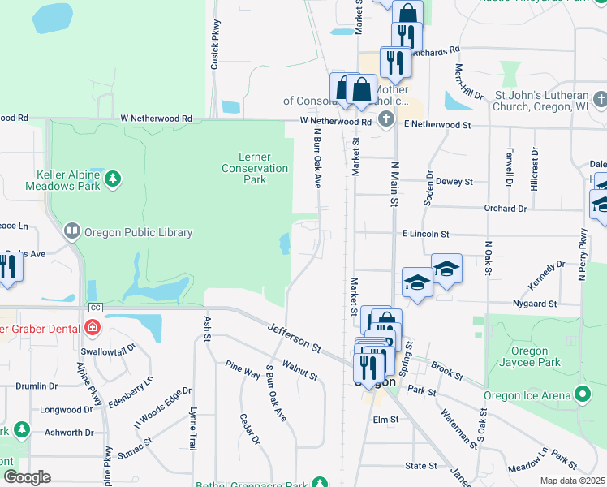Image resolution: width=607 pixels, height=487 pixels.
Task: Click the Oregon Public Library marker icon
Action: [72, 232]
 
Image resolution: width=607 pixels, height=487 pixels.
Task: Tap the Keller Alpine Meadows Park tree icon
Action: [114, 177]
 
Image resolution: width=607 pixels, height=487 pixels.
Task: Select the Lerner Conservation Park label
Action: [255, 168]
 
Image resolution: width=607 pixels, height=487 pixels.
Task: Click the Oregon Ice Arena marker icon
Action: [582, 395]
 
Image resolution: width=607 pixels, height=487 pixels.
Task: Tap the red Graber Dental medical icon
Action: [93, 328]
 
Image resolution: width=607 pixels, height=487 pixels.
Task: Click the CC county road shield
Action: [95, 308]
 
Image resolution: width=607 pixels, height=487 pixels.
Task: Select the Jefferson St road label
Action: [294, 337]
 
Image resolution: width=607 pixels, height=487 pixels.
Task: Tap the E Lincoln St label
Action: [425, 234]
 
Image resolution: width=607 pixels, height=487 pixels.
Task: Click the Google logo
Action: [26, 477]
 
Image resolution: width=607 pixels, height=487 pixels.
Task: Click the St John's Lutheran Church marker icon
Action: [600, 100]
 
